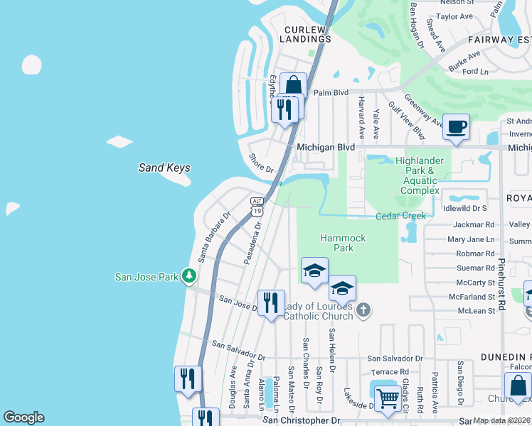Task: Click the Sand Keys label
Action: pyautogui.click(x=164, y=168)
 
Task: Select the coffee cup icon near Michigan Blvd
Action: pyautogui.click(x=456, y=128)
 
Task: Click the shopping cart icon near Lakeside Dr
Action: pyautogui.click(x=387, y=398)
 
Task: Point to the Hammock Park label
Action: pyautogui.click(x=342, y=243)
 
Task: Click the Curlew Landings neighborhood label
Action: pyautogui.click(x=307, y=35)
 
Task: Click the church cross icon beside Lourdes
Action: pyautogui.click(x=363, y=309)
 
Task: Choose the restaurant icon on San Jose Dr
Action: pyautogui.click(x=271, y=303)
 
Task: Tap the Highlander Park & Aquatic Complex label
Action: pyautogui.click(x=420, y=176)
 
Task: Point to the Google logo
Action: pyautogui.click(x=23, y=417)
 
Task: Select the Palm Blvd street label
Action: pyautogui.click(x=331, y=92)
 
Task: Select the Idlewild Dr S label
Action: pyautogui.click(x=464, y=209)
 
